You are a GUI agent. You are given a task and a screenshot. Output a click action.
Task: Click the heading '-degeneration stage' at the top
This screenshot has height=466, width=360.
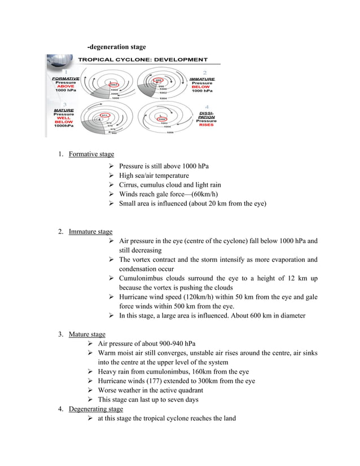116,46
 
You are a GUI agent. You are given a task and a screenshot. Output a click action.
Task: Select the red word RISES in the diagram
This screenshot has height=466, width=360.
206,125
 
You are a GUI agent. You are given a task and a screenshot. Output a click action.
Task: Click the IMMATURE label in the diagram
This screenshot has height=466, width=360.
201,78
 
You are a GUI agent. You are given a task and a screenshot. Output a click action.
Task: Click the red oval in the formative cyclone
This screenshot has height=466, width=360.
112,84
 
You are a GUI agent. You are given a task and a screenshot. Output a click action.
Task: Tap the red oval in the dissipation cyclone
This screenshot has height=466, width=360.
162,119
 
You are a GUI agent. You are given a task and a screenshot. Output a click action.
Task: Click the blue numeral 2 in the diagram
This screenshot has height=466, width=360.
204,73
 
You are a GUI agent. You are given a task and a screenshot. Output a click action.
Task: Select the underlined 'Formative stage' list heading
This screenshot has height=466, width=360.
91,154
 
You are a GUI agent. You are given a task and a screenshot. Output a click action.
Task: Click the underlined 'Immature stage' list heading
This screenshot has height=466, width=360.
90,231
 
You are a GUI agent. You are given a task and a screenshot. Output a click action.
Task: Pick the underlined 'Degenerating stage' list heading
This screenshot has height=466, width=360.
95,408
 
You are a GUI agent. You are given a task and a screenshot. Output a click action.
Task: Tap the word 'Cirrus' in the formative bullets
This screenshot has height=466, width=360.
129,184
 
